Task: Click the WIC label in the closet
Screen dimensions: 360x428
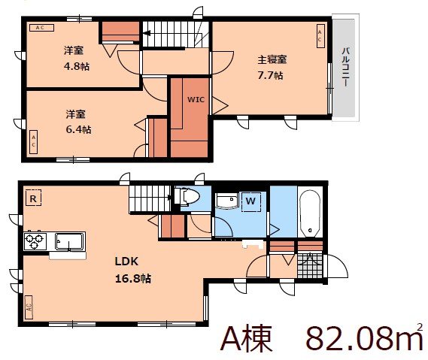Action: click(x=196, y=98)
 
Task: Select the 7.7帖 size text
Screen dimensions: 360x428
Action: click(x=272, y=75)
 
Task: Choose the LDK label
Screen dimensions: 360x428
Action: click(x=126, y=262)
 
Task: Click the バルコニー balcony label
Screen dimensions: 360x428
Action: click(x=345, y=68)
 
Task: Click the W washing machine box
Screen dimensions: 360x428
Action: click(x=251, y=201)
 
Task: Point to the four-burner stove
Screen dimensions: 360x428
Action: click(x=35, y=241)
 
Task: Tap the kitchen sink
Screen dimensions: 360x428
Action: click(x=70, y=242)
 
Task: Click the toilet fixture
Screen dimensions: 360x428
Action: click(x=189, y=198)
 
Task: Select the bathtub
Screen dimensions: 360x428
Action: click(x=310, y=211)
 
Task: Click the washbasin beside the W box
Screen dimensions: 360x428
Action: click(x=226, y=201)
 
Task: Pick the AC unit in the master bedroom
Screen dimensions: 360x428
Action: click(x=320, y=35)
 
